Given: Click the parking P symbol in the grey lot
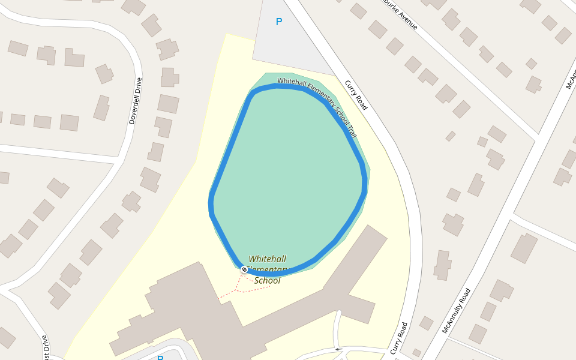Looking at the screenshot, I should (x=278, y=22).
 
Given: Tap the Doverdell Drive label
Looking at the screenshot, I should (x=136, y=101).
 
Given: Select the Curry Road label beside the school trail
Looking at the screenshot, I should (x=356, y=95).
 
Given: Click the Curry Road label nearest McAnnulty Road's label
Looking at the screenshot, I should (x=400, y=338).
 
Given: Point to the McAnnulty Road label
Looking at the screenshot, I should (x=457, y=311).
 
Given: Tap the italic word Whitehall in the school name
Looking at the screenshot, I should (x=267, y=259).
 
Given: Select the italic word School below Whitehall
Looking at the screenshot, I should (x=267, y=280).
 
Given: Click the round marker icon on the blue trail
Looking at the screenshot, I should (x=244, y=269).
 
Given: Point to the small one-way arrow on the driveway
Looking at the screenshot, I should (x=338, y=349).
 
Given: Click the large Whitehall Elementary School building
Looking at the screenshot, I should (x=180, y=312).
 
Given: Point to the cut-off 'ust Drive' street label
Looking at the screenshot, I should (x=45, y=347).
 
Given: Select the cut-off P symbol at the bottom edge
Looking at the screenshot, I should (x=160, y=358).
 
